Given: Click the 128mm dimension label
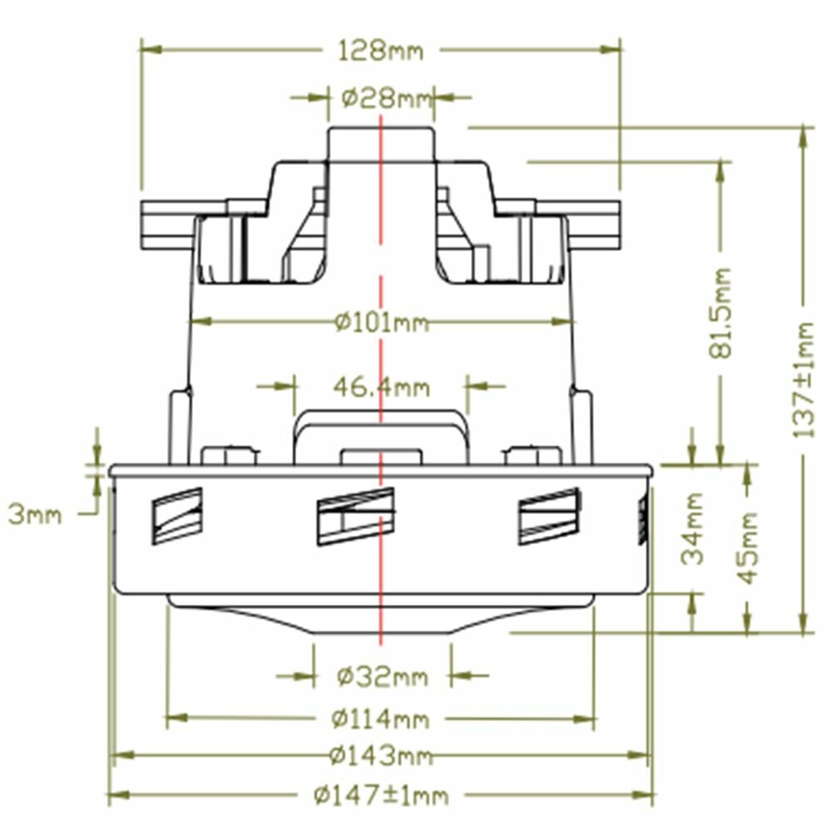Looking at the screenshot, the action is pyautogui.click(x=381, y=52).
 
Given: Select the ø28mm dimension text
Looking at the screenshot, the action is pyautogui.click(x=387, y=99).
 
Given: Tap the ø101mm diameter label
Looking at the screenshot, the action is pyautogui.click(x=382, y=322).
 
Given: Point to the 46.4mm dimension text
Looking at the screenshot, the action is pyautogui.click(x=382, y=388).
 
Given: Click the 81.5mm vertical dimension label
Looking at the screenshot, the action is pyautogui.click(x=720, y=313).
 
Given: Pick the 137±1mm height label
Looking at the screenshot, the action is pyautogui.click(x=803, y=380).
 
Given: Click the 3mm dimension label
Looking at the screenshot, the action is pyautogui.click(x=35, y=515).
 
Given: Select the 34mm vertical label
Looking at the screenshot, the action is pyautogui.click(x=692, y=528).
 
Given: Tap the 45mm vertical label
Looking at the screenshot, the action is pyautogui.click(x=749, y=547).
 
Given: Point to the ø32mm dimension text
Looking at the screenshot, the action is pyautogui.click(x=382, y=676).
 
